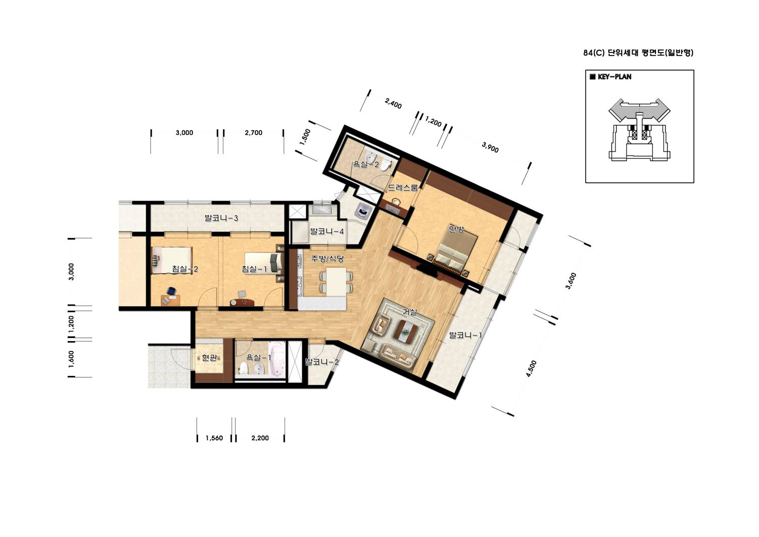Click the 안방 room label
(456, 230)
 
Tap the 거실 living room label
(410, 312)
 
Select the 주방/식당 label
(327, 259)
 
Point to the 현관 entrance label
(209, 358)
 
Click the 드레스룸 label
(403, 187)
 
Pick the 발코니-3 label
(221, 218)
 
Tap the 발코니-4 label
(327, 231)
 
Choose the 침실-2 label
(185, 269)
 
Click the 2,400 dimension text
(393, 104)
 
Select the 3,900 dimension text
(490, 148)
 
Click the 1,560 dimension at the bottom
(214, 438)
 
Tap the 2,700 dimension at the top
(254, 133)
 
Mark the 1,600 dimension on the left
(71, 359)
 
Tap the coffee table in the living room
(405, 330)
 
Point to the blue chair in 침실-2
(172, 290)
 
